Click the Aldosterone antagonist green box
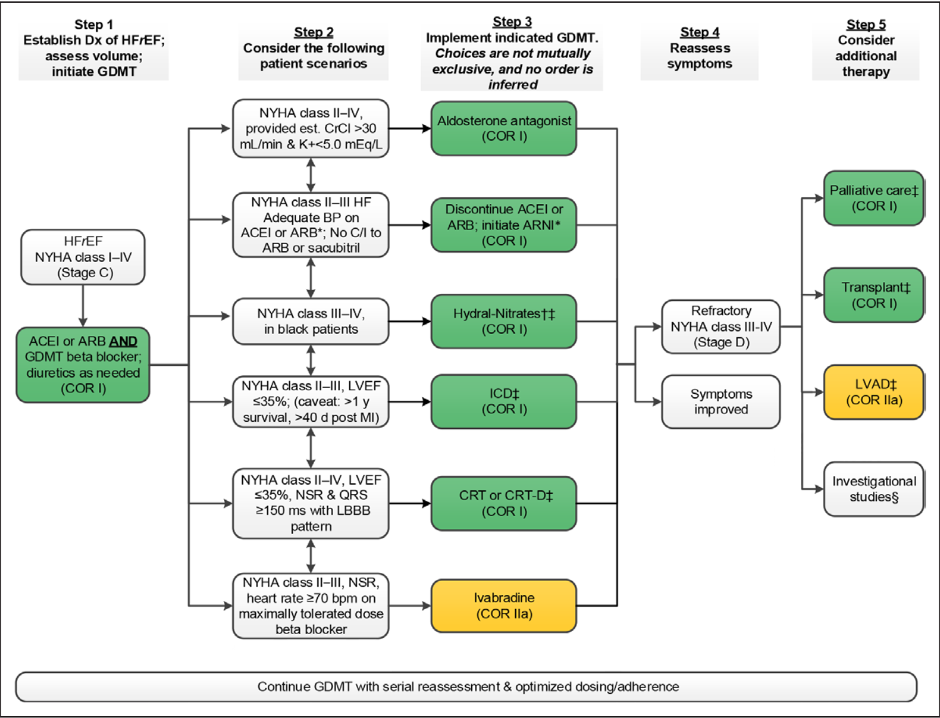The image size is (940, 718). tap(503, 128)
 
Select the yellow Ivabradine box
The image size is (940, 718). tap(503, 605)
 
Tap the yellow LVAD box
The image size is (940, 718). tap(874, 392)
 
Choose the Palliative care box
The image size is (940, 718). tap(874, 198)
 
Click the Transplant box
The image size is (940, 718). tap(874, 295)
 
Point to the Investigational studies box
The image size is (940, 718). tap(874, 489)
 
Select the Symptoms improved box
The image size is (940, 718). tap(720, 402)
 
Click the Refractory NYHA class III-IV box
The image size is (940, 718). tap(720, 326)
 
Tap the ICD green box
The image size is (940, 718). tap(503, 402)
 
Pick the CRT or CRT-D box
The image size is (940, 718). tap(503, 503)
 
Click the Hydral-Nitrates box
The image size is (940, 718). tap(503, 321)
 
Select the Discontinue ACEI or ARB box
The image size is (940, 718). tap(503, 225)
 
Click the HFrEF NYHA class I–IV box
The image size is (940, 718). tap(83, 257)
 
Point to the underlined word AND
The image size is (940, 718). tap(123, 341)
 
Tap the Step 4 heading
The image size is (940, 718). tap(700, 33)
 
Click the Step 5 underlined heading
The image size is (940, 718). tap(866, 25)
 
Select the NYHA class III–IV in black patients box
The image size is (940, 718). tap(310, 321)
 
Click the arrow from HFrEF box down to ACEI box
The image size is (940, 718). tap(83, 306)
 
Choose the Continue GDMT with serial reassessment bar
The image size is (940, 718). tap(467, 687)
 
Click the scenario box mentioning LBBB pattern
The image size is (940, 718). tap(310, 503)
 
